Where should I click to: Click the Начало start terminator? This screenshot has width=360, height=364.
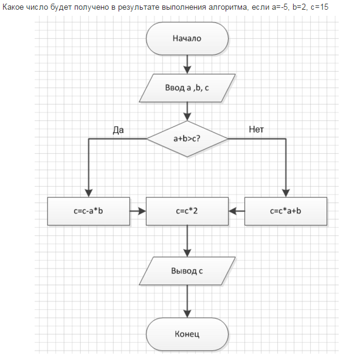187,38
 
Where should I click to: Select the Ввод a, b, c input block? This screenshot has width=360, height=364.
187,88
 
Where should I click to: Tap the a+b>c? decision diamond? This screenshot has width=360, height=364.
187,139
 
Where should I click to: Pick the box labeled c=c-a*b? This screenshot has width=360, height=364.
89,211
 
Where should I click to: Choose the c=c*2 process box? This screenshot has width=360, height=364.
187,211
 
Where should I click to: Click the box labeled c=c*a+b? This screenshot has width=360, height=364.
286,211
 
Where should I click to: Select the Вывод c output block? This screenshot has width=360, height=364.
187,271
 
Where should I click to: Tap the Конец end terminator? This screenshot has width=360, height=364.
187,334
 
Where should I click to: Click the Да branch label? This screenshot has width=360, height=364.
118,130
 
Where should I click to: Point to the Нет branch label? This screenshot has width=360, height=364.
256,129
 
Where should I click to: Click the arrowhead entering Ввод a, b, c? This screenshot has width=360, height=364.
187,70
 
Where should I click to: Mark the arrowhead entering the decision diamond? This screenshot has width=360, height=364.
187,117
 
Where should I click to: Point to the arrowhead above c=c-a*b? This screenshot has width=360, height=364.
89,193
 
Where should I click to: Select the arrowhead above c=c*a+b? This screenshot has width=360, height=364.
286,193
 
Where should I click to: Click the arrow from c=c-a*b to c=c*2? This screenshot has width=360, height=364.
138,211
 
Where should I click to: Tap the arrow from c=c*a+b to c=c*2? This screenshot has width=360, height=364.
237,211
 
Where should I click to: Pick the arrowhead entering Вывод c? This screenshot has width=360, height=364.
187,253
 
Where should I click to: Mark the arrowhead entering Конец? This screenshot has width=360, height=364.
187,314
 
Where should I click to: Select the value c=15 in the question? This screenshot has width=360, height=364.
319,7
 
